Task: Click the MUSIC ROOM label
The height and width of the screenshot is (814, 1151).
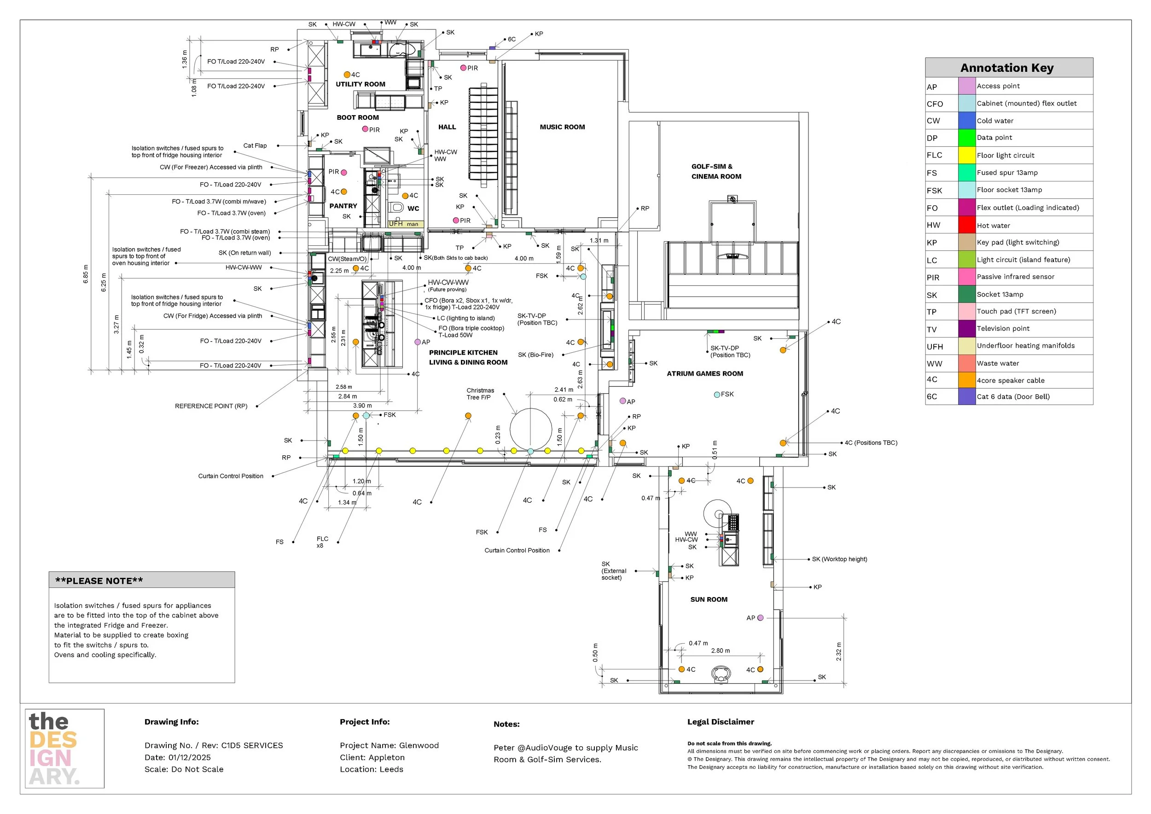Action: pyautogui.click(x=562, y=128)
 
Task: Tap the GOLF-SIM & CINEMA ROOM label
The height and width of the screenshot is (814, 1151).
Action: pyautogui.click(x=716, y=171)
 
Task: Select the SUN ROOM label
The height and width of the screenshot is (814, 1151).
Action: pyautogui.click(x=709, y=599)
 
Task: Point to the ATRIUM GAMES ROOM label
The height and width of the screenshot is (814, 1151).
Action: pyautogui.click(x=704, y=374)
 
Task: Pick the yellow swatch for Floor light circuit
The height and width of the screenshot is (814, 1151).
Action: pyautogui.click(x=966, y=155)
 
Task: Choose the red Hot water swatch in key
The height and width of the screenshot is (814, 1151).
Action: pyautogui.click(x=966, y=225)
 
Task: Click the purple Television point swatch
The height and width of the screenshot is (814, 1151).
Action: pyautogui.click(x=966, y=329)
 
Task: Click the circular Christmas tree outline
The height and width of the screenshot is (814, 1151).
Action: pyautogui.click(x=530, y=429)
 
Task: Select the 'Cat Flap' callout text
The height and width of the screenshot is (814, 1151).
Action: pyautogui.click(x=255, y=146)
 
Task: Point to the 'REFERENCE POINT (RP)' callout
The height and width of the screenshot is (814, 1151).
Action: pyautogui.click(x=211, y=406)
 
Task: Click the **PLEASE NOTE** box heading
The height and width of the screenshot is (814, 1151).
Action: pyautogui.click(x=99, y=581)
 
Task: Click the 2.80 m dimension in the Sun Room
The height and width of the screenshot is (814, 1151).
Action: pyautogui.click(x=721, y=651)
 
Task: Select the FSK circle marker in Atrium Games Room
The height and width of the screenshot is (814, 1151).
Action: pyautogui.click(x=717, y=395)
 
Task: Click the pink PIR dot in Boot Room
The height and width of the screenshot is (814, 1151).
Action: pyautogui.click(x=366, y=129)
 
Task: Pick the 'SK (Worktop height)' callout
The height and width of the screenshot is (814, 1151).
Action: pyautogui.click(x=839, y=559)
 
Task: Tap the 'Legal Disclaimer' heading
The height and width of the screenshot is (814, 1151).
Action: pyautogui.click(x=721, y=722)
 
